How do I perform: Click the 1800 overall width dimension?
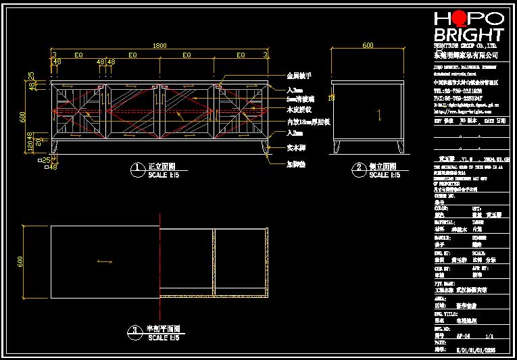click(x=159, y=46)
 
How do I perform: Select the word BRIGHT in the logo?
click(x=468, y=34)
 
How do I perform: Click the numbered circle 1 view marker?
click(x=137, y=167)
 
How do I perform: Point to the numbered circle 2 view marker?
click(x=358, y=167)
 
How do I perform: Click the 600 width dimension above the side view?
click(x=368, y=46)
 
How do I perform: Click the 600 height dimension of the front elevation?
click(x=23, y=115)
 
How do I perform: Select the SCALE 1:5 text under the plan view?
click(x=163, y=337)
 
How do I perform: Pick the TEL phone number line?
click(x=458, y=90)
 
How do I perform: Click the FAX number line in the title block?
click(x=458, y=98)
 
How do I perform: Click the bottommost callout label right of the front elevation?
click(x=296, y=163)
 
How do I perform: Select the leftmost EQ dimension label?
click(x=78, y=55)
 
